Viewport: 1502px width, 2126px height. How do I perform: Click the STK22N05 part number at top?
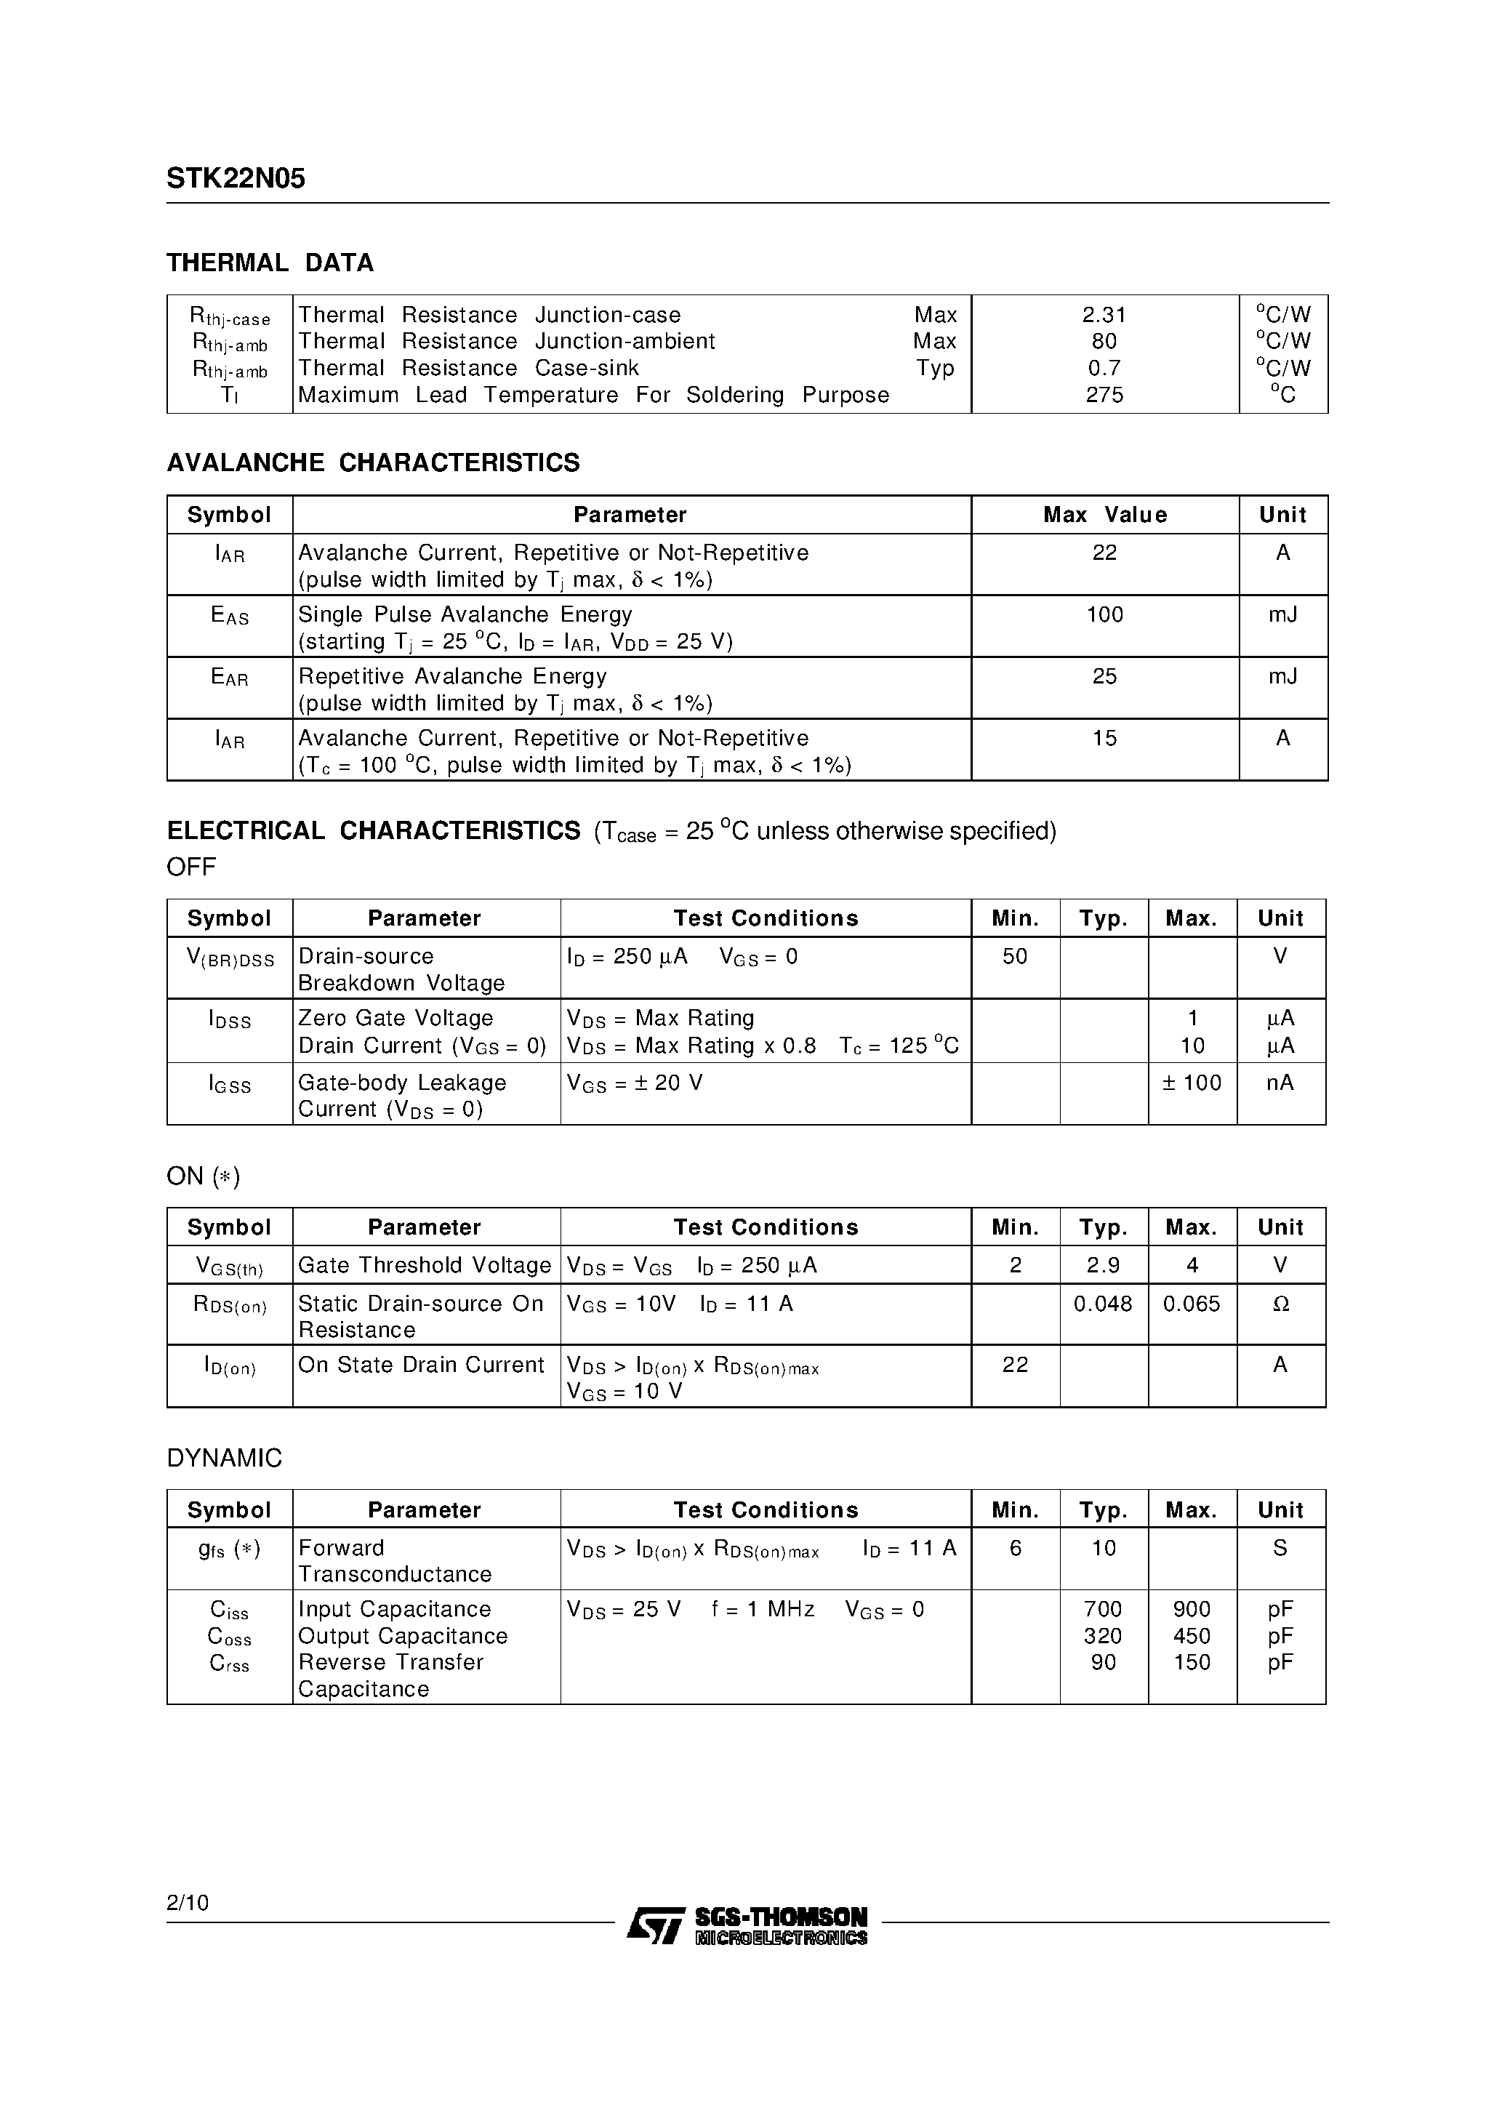236,179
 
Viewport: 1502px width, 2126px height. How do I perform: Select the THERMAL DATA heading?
270,263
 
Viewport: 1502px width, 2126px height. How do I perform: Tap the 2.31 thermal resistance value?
1104,315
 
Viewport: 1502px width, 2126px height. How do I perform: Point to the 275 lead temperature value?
1104,396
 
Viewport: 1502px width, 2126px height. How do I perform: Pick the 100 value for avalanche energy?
1104,615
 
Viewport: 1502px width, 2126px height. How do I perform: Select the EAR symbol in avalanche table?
230,678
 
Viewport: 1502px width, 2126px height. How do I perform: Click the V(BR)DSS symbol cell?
230,958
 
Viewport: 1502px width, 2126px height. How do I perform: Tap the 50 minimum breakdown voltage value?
1015,957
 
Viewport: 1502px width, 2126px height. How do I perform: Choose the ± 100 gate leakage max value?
1191,1083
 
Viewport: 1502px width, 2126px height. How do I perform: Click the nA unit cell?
1280,1083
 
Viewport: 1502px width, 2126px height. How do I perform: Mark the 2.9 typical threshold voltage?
1103,1266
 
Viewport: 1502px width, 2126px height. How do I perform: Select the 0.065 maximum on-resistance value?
1191,1304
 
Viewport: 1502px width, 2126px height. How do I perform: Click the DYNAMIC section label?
224,1459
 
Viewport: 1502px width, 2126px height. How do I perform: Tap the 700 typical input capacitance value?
1103,1609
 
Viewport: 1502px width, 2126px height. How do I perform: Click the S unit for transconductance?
1280,1548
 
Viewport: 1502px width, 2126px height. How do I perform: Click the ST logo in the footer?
655,1926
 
